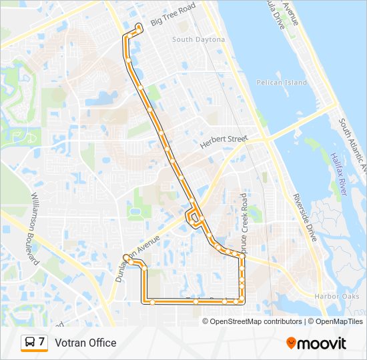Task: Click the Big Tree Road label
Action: (x=173, y=15)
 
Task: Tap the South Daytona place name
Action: (x=198, y=40)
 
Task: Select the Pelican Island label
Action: (x=282, y=83)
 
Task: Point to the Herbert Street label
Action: (x=224, y=143)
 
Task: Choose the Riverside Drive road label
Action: (x=304, y=217)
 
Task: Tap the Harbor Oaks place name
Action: (x=337, y=296)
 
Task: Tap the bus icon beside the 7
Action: (x=30, y=343)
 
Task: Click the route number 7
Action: (x=42, y=343)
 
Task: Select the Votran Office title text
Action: (x=85, y=343)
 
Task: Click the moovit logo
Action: (x=316, y=343)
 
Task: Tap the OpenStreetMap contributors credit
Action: (x=252, y=321)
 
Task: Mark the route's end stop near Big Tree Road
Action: (x=139, y=27)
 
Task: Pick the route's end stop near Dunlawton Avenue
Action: (x=125, y=257)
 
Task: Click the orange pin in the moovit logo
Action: (x=292, y=343)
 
